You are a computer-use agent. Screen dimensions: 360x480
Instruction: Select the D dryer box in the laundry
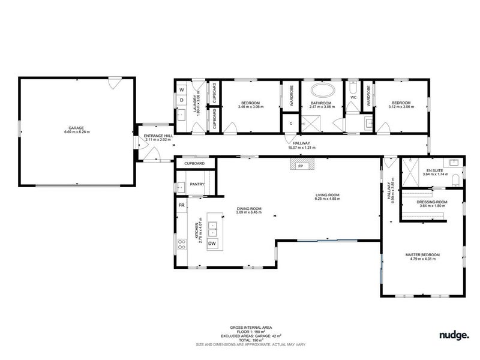pyautogui.click(x=182, y=100)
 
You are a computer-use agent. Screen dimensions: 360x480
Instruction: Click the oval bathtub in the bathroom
pyautogui.click(x=322, y=92)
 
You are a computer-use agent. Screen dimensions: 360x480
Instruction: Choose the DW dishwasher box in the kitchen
pyautogui.click(x=212, y=243)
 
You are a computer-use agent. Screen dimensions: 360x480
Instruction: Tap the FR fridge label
pyautogui.click(x=181, y=206)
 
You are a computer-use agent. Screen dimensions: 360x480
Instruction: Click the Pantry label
pyautogui.click(x=197, y=184)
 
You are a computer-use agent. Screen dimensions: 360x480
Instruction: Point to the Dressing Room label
pyautogui.click(x=433, y=202)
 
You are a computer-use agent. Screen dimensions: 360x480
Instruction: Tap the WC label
pyautogui.click(x=353, y=97)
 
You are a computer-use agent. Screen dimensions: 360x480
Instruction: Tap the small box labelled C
pyautogui.click(x=290, y=123)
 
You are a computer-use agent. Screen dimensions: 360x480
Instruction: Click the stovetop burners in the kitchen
pyautogui.click(x=182, y=244)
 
